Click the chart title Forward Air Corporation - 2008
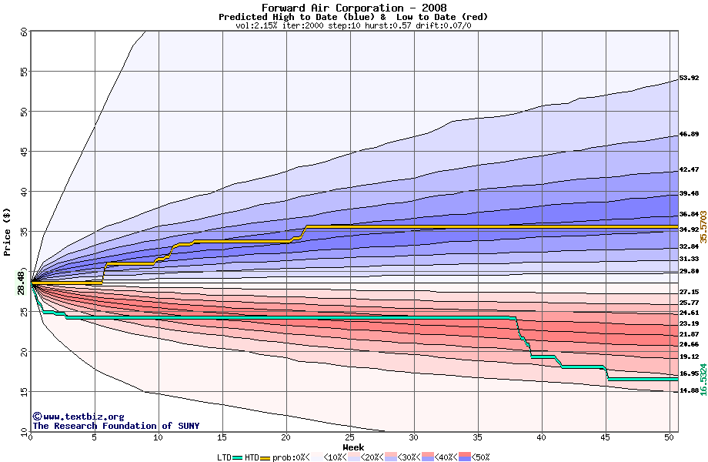[x=353, y=8]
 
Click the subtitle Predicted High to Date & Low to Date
[x=353, y=17]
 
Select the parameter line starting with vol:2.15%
[x=353, y=25]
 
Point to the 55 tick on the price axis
[x=24, y=72]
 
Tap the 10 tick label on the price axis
[x=24, y=432]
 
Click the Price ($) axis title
[x=8, y=232]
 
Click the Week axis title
[x=353, y=447]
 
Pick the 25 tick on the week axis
[x=350, y=438]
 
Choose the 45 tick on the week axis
[x=606, y=438]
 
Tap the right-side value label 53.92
[x=689, y=79]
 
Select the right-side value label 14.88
[x=689, y=391]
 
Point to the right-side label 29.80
[x=689, y=272]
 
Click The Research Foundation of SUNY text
[x=115, y=426]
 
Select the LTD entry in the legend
[x=224, y=457]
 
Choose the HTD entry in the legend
[x=253, y=457]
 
